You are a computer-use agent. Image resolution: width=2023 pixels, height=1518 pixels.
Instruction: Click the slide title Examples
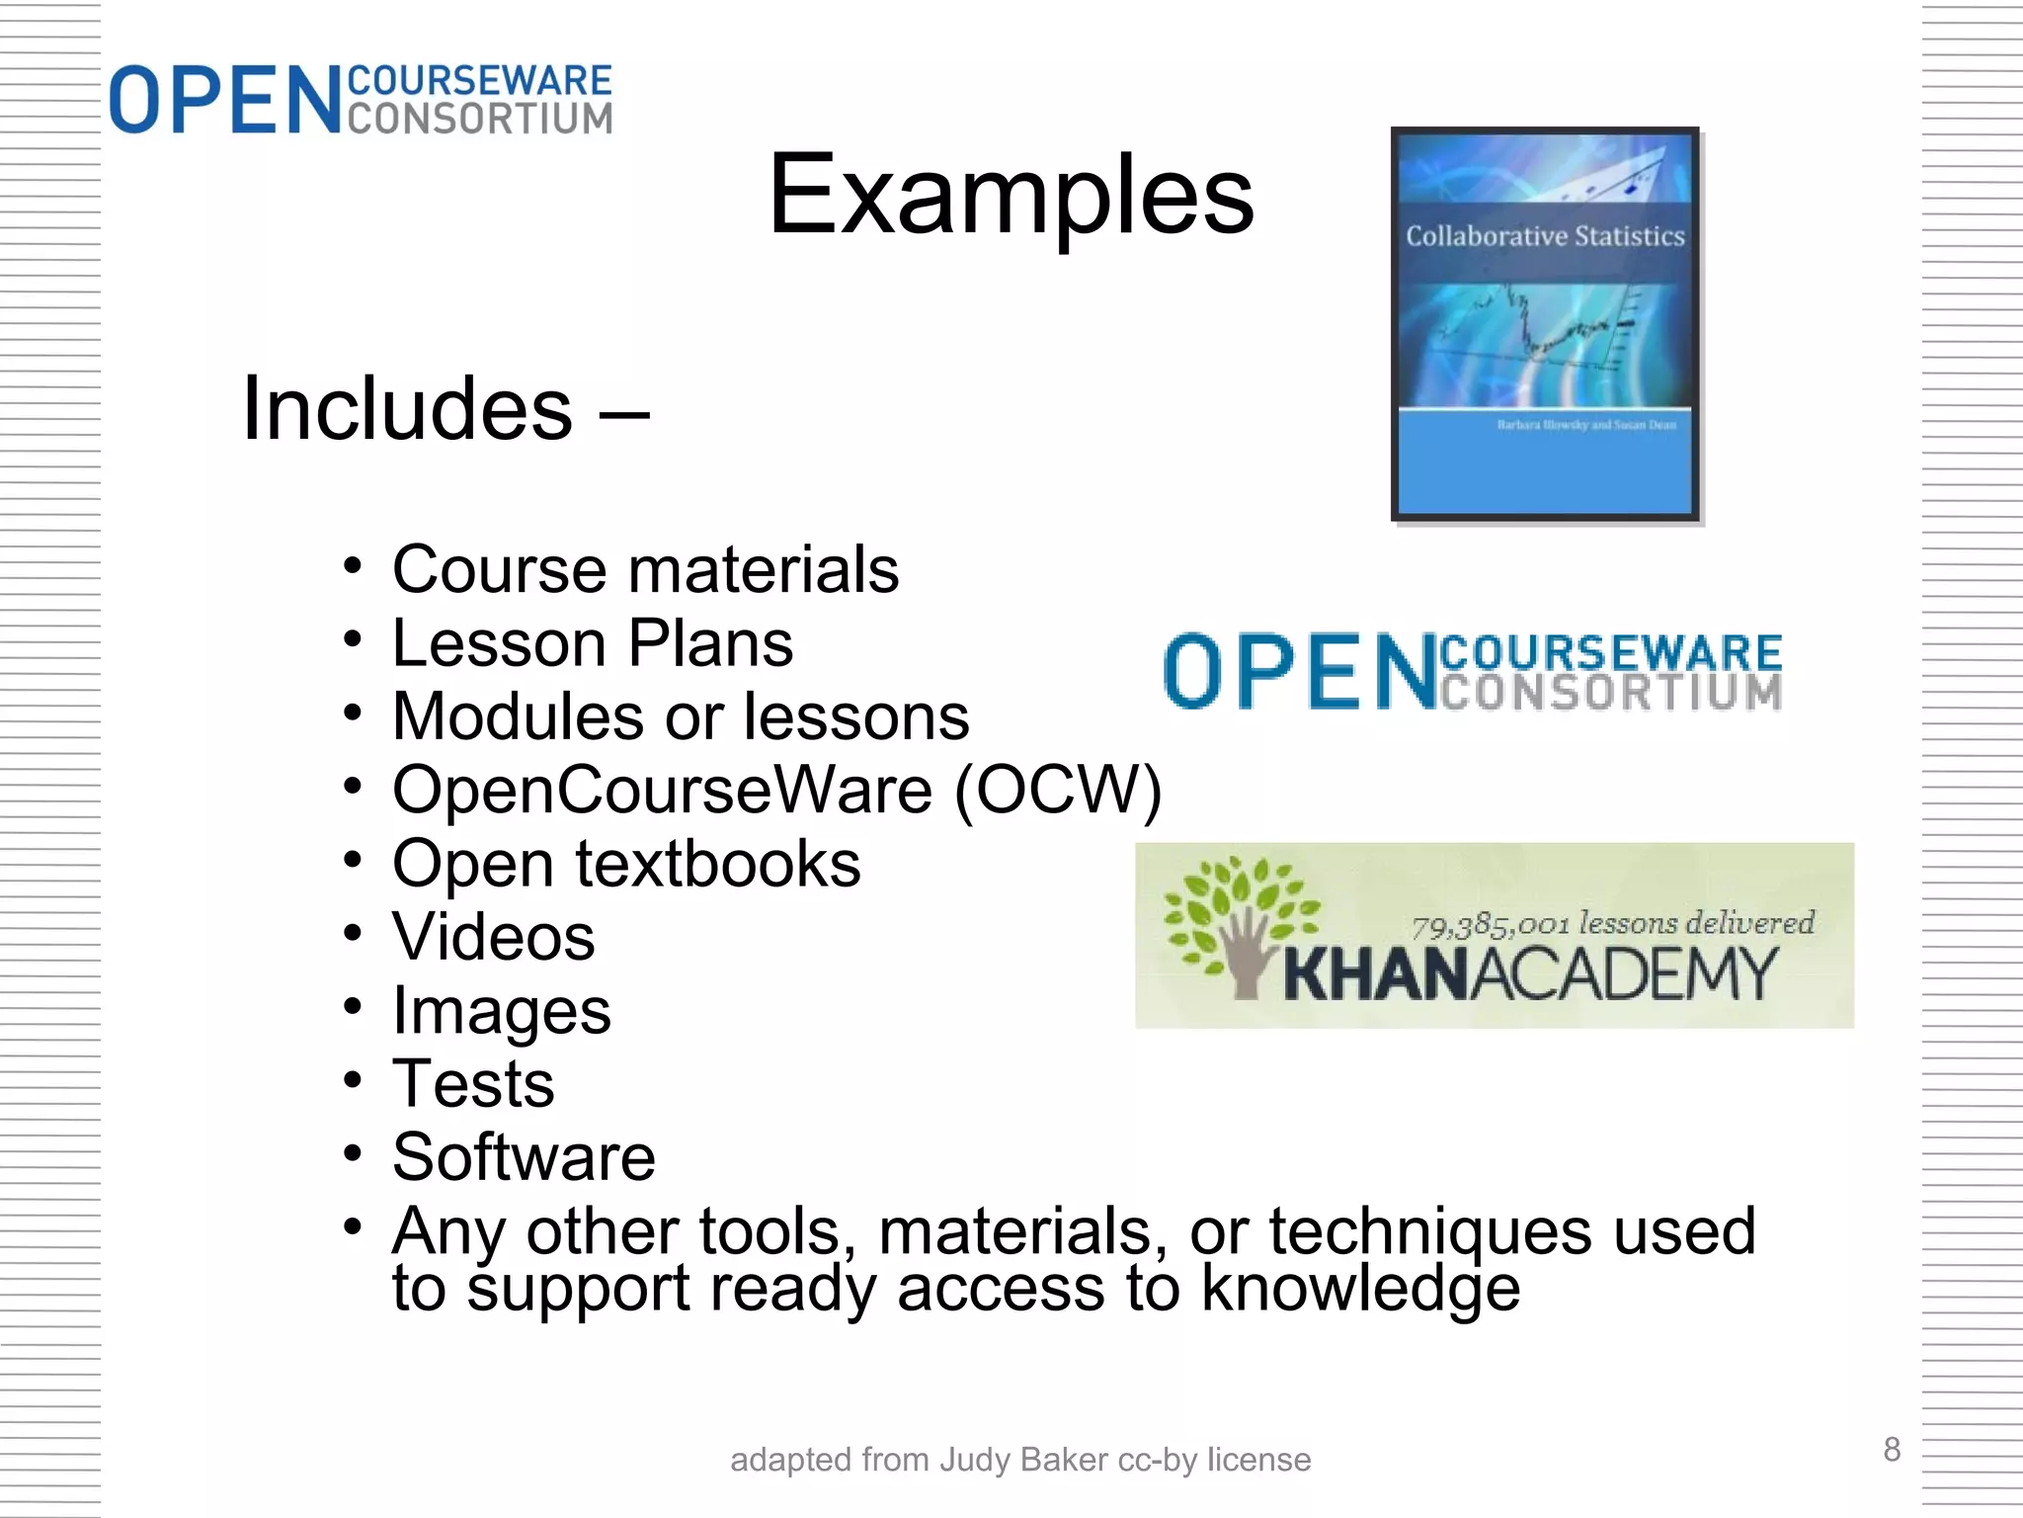[x=1011, y=195]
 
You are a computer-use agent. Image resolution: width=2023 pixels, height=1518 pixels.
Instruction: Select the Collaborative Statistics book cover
[x=1546, y=324]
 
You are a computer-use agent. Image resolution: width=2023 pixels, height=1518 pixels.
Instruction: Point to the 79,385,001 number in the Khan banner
[x=1492, y=925]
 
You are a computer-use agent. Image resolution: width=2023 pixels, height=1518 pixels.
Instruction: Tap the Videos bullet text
[x=494, y=936]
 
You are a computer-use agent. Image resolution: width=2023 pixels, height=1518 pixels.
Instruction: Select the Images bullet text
[x=502, y=1010]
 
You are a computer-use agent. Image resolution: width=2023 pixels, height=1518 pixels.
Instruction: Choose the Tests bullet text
[x=473, y=1083]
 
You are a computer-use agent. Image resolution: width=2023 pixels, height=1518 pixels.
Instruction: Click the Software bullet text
[x=524, y=1156]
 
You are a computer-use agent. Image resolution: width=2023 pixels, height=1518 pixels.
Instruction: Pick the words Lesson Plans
[x=593, y=643]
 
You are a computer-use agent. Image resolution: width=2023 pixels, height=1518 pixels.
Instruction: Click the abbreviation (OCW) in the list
[x=1058, y=790]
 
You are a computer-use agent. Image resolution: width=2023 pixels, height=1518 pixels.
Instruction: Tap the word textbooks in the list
[x=718, y=864]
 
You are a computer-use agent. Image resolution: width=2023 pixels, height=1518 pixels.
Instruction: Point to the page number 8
[x=1892, y=1449]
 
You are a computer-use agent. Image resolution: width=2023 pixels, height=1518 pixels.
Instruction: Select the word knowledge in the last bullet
[x=1360, y=1288]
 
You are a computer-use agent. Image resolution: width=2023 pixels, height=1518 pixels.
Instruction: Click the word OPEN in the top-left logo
[x=223, y=100]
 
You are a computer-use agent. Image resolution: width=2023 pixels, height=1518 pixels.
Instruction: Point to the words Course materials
[x=646, y=569]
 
